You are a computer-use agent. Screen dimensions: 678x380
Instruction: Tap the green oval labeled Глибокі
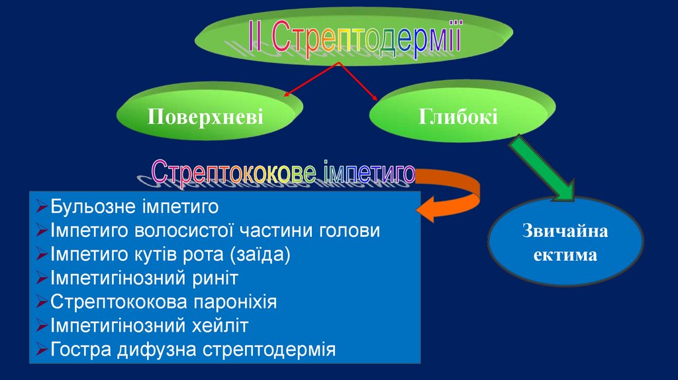click(x=458, y=116)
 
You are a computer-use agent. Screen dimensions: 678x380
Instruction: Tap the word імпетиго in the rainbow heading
click(x=369, y=173)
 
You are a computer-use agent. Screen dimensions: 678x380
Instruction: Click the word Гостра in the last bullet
click(x=76, y=349)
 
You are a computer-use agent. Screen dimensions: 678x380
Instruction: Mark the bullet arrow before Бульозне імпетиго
click(x=41, y=207)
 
